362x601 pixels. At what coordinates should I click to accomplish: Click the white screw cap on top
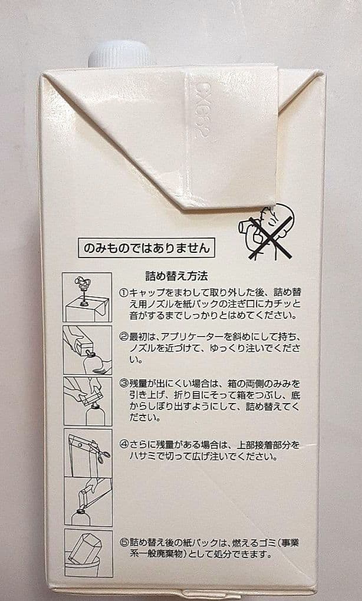pyautogui.click(x=122, y=54)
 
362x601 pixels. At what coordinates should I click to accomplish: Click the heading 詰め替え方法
pyautogui.click(x=176, y=275)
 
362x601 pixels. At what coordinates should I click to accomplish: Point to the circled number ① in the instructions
pyautogui.click(x=124, y=293)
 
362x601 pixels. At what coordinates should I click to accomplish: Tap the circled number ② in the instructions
pyautogui.click(x=124, y=337)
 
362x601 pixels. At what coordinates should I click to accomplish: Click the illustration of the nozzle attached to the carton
pyautogui.click(x=87, y=297)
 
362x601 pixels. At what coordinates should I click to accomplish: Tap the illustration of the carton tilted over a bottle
pyautogui.click(x=87, y=350)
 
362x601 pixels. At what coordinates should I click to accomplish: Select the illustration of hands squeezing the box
pyautogui.click(x=87, y=400)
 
